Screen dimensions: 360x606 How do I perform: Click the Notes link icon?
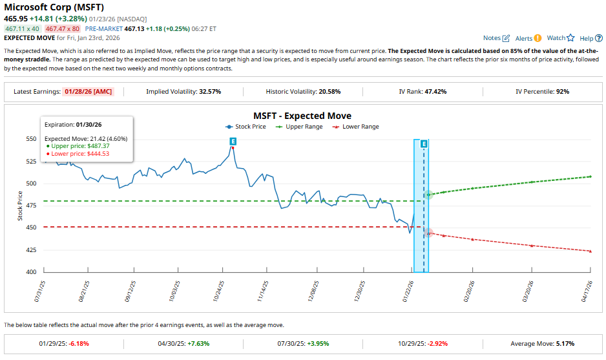coord(506,39)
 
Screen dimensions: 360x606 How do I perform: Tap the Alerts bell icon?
coord(538,39)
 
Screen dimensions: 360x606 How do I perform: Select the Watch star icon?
coord(570,38)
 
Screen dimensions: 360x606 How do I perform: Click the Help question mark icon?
coord(599,39)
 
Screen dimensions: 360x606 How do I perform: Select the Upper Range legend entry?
coord(300,127)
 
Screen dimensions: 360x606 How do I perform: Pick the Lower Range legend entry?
coord(357,127)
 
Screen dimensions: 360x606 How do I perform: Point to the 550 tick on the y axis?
coord(31,139)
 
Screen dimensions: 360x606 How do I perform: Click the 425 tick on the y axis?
coord(31,250)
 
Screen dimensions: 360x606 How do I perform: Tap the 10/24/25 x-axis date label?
coord(220,291)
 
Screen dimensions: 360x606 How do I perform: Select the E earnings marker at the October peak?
coord(233,141)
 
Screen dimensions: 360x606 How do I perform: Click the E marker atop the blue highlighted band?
coord(424,143)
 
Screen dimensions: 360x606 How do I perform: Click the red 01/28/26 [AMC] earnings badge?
coord(89,92)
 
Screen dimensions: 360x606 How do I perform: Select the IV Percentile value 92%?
coord(562,92)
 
